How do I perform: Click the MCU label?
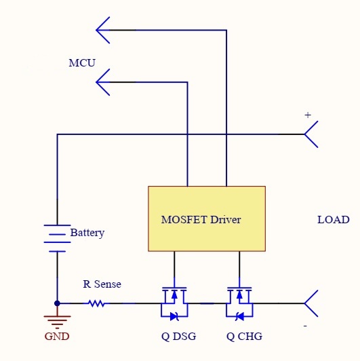[82, 63]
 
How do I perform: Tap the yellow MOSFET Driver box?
[207, 218]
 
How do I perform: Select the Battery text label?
[87, 233]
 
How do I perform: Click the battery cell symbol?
[57, 238]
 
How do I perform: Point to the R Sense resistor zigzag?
[97, 303]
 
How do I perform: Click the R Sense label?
[102, 284]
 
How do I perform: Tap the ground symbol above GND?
[57, 322]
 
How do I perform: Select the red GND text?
[57, 337]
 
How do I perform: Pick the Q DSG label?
[179, 337]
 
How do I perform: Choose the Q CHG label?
[244, 337]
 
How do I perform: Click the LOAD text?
[334, 220]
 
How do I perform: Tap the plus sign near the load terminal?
[308, 115]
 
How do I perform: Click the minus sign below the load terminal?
[305, 326]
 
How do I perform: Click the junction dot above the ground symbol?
[57, 303]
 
